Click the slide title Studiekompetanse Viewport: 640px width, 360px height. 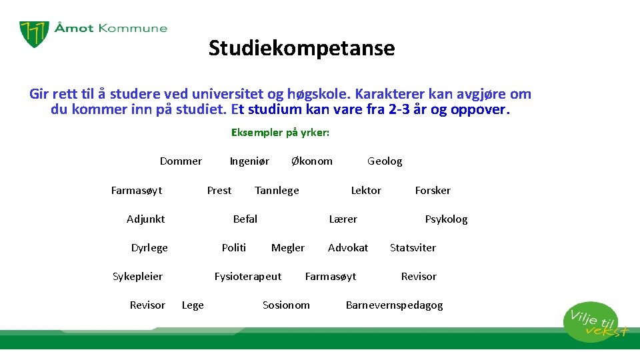[x=301, y=48]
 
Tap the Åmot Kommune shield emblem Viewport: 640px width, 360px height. [x=34, y=33]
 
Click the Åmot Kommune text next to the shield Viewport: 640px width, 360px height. [x=111, y=28]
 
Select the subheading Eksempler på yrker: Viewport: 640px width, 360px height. [x=280, y=132]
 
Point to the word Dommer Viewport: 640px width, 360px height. [x=181, y=161]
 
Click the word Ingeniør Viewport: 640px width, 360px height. [x=249, y=161]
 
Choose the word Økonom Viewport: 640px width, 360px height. [x=311, y=161]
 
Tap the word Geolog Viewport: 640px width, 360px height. [x=385, y=161]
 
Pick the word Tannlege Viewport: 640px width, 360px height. [x=277, y=191]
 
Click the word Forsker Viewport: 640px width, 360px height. [x=433, y=191]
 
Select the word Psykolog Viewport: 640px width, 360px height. [x=446, y=219]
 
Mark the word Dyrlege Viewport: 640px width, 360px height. [x=149, y=248]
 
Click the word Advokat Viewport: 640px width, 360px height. [x=348, y=248]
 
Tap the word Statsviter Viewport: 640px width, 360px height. [x=413, y=248]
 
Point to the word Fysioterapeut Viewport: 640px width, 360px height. [x=247, y=277]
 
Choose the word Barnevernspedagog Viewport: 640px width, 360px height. [x=394, y=305]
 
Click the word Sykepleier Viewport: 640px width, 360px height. [x=137, y=277]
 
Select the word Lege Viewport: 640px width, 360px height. [x=193, y=305]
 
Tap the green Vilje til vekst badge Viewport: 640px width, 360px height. [x=593, y=323]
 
